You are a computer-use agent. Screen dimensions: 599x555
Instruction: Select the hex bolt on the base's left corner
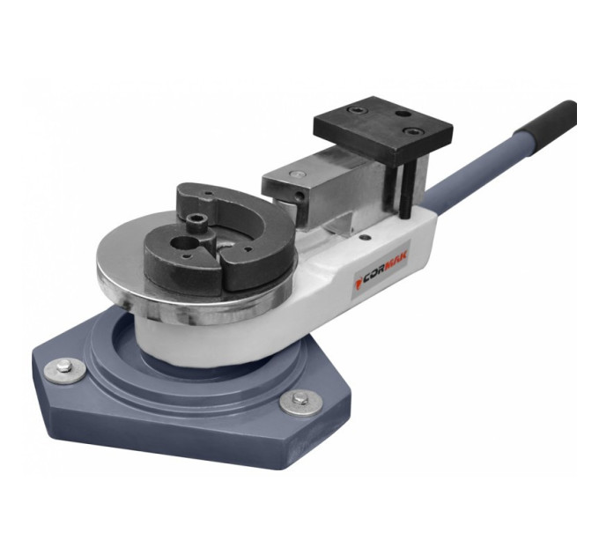point(63,366)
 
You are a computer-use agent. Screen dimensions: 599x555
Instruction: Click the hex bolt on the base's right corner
point(299,399)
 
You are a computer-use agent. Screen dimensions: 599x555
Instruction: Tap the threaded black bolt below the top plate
point(406,190)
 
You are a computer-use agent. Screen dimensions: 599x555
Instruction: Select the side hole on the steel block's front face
point(301,196)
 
